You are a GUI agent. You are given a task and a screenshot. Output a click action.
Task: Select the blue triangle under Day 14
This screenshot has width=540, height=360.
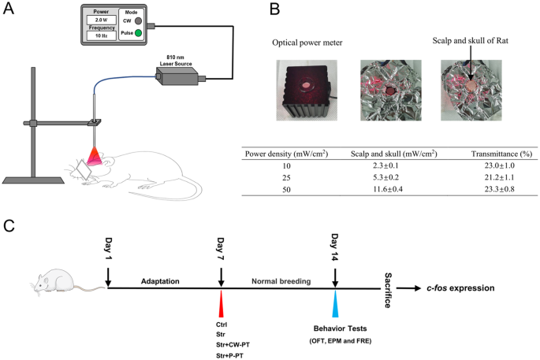tap(337, 306)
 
